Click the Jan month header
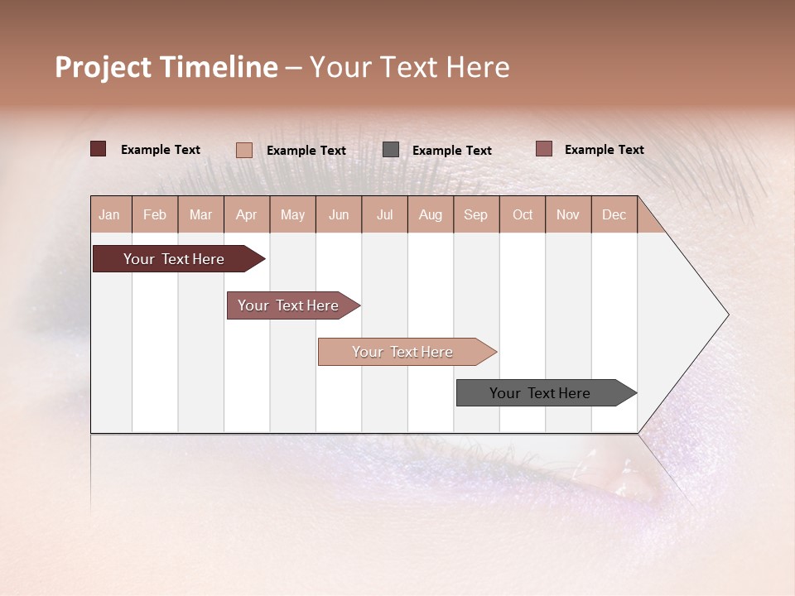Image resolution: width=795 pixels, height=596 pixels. tap(109, 214)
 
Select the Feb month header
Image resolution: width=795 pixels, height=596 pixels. tap(155, 214)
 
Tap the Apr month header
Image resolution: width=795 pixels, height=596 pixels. tap(247, 214)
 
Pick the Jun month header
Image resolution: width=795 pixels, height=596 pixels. tap(339, 214)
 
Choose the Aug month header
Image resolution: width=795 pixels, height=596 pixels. tap(431, 214)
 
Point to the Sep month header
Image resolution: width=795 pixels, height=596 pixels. tap(475, 214)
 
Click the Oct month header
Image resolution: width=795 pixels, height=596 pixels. tap(523, 214)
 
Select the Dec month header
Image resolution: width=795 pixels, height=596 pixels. tap(614, 214)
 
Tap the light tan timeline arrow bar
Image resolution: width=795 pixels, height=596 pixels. tap(404, 352)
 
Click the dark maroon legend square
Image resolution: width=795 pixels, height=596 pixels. tap(99, 149)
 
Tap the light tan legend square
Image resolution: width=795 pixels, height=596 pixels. tap(244, 150)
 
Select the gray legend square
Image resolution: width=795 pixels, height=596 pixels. tap(391, 150)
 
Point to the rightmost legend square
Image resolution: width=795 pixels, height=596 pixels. tap(543, 149)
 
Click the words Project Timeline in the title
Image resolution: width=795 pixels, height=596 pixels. tap(166, 67)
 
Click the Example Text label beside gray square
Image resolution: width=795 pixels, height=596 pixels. tap(452, 151)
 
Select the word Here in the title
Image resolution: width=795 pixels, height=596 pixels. tap(478, 67)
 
